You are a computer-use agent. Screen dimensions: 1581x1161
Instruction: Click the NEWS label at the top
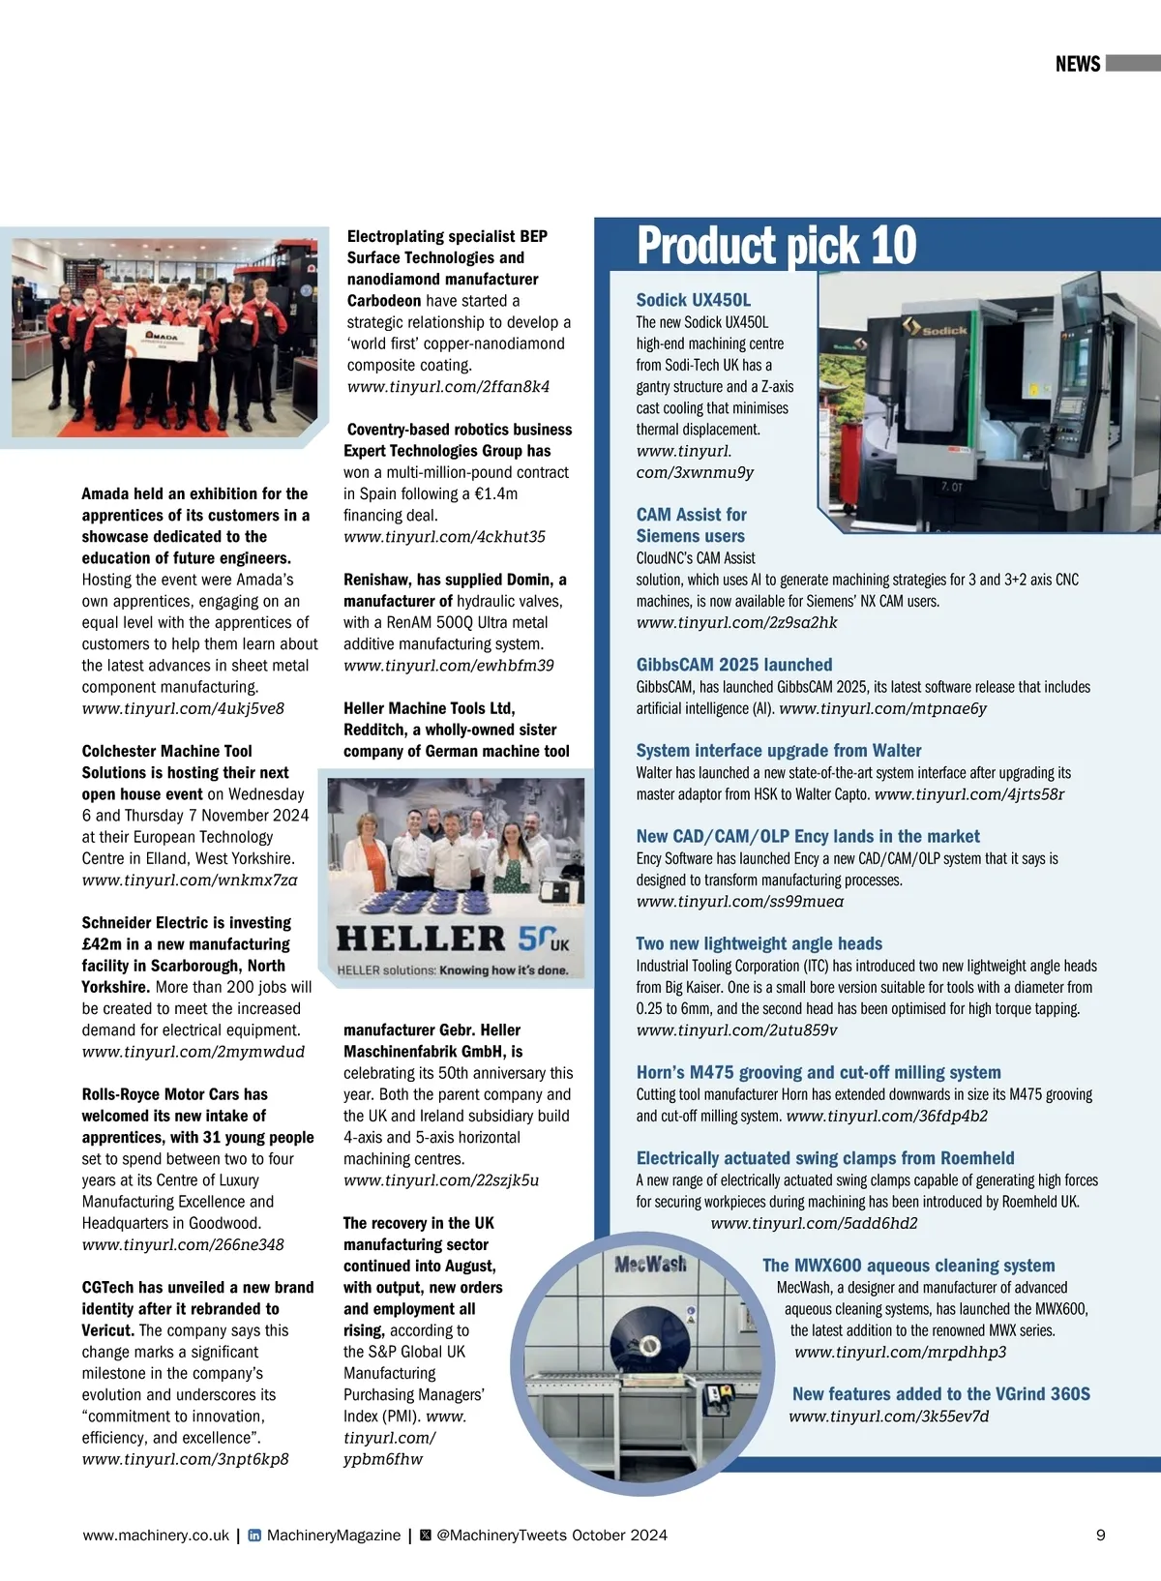(1078, 64)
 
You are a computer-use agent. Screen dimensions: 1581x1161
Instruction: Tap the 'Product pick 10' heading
(776, 246)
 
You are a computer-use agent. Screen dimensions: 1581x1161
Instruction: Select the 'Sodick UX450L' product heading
(693, 300)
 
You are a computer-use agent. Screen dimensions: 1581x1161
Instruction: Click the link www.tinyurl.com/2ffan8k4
(448, 387)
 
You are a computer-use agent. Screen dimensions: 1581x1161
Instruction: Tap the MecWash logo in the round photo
(650, 1264)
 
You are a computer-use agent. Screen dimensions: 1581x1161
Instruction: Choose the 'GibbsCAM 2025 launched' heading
(733, 665)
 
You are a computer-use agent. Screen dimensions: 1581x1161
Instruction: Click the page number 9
(1100, 1535)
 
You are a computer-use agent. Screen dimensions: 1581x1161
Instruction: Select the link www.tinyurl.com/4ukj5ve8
(183, 708)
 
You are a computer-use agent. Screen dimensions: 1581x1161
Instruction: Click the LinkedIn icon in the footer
(254, 1536)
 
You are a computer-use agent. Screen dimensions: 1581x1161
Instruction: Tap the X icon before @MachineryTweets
(425, 1536)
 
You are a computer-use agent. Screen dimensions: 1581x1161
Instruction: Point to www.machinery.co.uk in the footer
(156, 1536)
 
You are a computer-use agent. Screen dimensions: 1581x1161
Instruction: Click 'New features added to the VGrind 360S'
(940, 1394)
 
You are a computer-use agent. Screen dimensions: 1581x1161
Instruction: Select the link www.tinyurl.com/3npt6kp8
(185, 1459)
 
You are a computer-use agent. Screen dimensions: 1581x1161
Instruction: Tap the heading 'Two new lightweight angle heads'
(759, 943)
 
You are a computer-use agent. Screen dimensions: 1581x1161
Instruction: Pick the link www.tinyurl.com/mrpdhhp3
(900, 1352)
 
